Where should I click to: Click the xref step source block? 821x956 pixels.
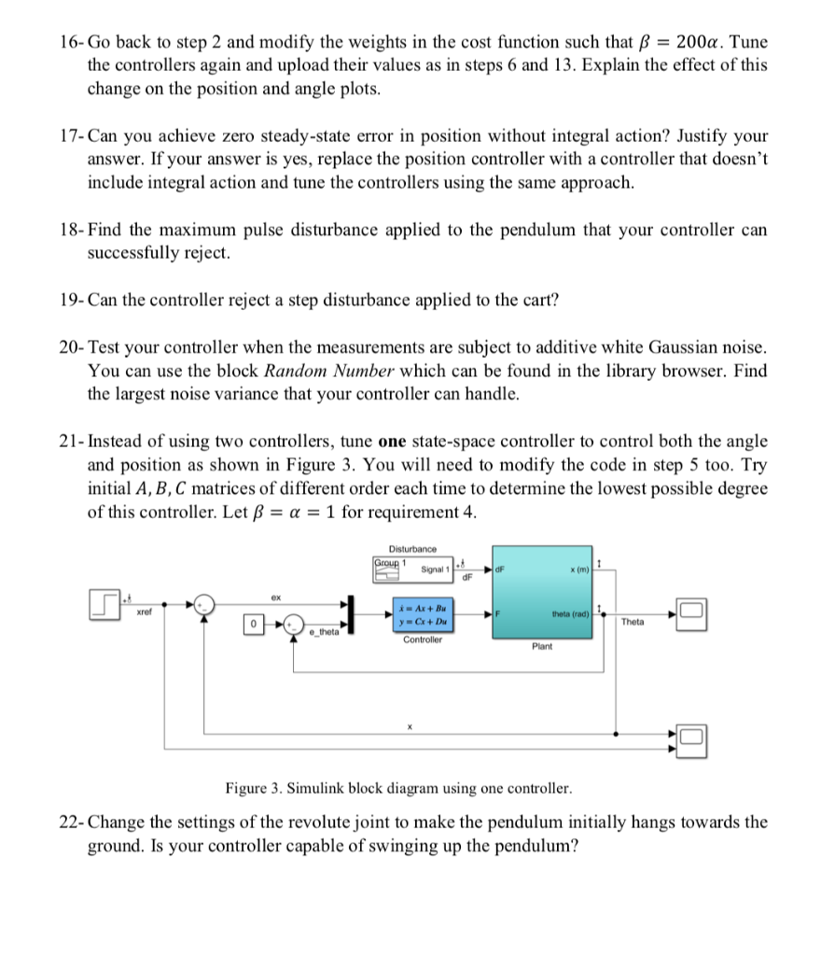click(105, 601)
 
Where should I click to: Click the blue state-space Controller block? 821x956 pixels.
click(424, 612)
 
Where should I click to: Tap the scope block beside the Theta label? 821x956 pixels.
click(691, 612)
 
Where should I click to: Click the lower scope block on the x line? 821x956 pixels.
click(691, 738)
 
